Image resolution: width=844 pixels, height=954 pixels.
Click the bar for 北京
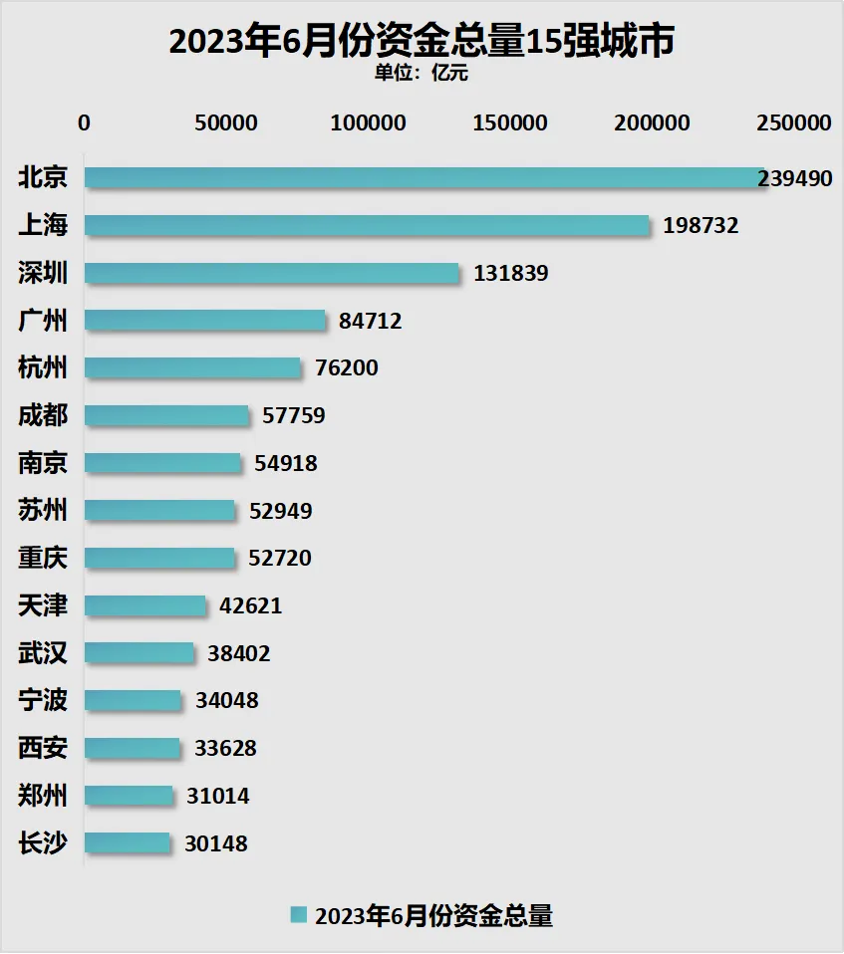419,178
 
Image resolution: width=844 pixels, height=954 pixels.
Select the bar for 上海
366,225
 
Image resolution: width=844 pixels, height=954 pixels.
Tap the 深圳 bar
271,273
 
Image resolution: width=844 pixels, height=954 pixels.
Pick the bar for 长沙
128,843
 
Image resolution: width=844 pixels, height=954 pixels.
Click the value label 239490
794,178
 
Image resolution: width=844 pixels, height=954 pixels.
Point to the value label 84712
370,321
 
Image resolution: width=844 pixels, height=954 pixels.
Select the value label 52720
280,559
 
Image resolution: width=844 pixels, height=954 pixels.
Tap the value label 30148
216,844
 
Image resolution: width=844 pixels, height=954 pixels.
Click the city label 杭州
43,367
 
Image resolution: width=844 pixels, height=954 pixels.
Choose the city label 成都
43,415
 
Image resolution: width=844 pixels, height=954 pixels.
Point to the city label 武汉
43,653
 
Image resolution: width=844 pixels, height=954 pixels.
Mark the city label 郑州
43,796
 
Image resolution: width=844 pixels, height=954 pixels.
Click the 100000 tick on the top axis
369,123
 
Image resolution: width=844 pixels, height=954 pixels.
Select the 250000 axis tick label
793,123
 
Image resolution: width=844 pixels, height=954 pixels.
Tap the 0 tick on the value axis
85,123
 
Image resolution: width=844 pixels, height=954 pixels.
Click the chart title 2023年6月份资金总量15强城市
422,41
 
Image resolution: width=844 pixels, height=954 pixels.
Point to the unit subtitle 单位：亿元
421,72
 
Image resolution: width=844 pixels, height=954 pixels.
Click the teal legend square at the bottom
297,915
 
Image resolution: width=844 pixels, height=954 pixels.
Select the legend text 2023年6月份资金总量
433,915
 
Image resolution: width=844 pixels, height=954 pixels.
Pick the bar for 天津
145,605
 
